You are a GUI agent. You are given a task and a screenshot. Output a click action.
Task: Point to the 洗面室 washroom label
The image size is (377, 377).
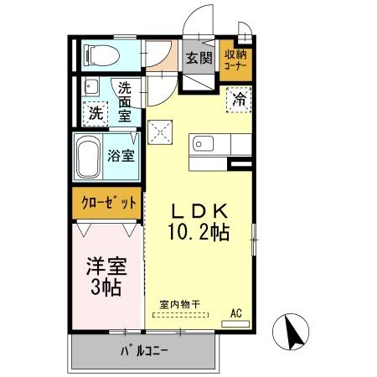(125, 101)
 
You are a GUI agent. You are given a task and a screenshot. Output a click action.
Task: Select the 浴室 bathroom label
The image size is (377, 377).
(121, 155)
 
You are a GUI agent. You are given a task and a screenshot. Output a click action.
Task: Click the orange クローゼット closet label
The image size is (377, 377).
(106, 202)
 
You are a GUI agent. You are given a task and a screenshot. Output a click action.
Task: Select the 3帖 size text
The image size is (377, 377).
(106, 289)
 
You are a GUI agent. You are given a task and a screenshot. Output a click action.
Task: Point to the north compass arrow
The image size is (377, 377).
(293, 333)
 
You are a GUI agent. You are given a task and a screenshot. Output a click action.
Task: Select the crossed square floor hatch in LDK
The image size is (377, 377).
(159, 132)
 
